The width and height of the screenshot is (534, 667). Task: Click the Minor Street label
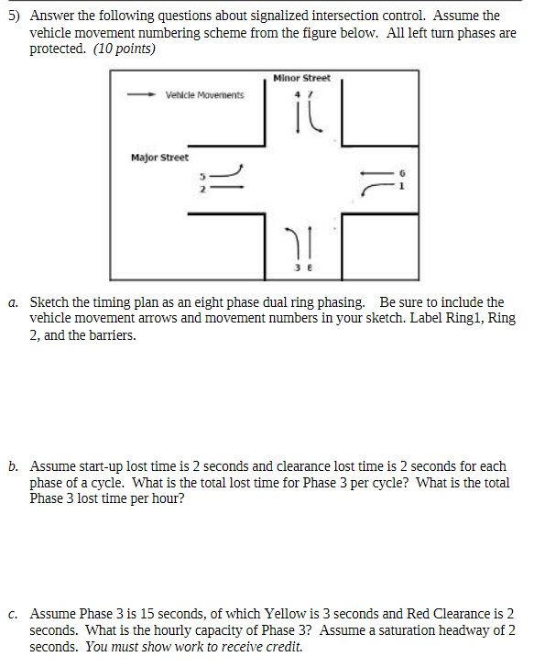pos(301,79)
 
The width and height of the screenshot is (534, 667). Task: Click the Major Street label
pos(159,158)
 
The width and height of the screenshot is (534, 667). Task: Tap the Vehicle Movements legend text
pos(204,95)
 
